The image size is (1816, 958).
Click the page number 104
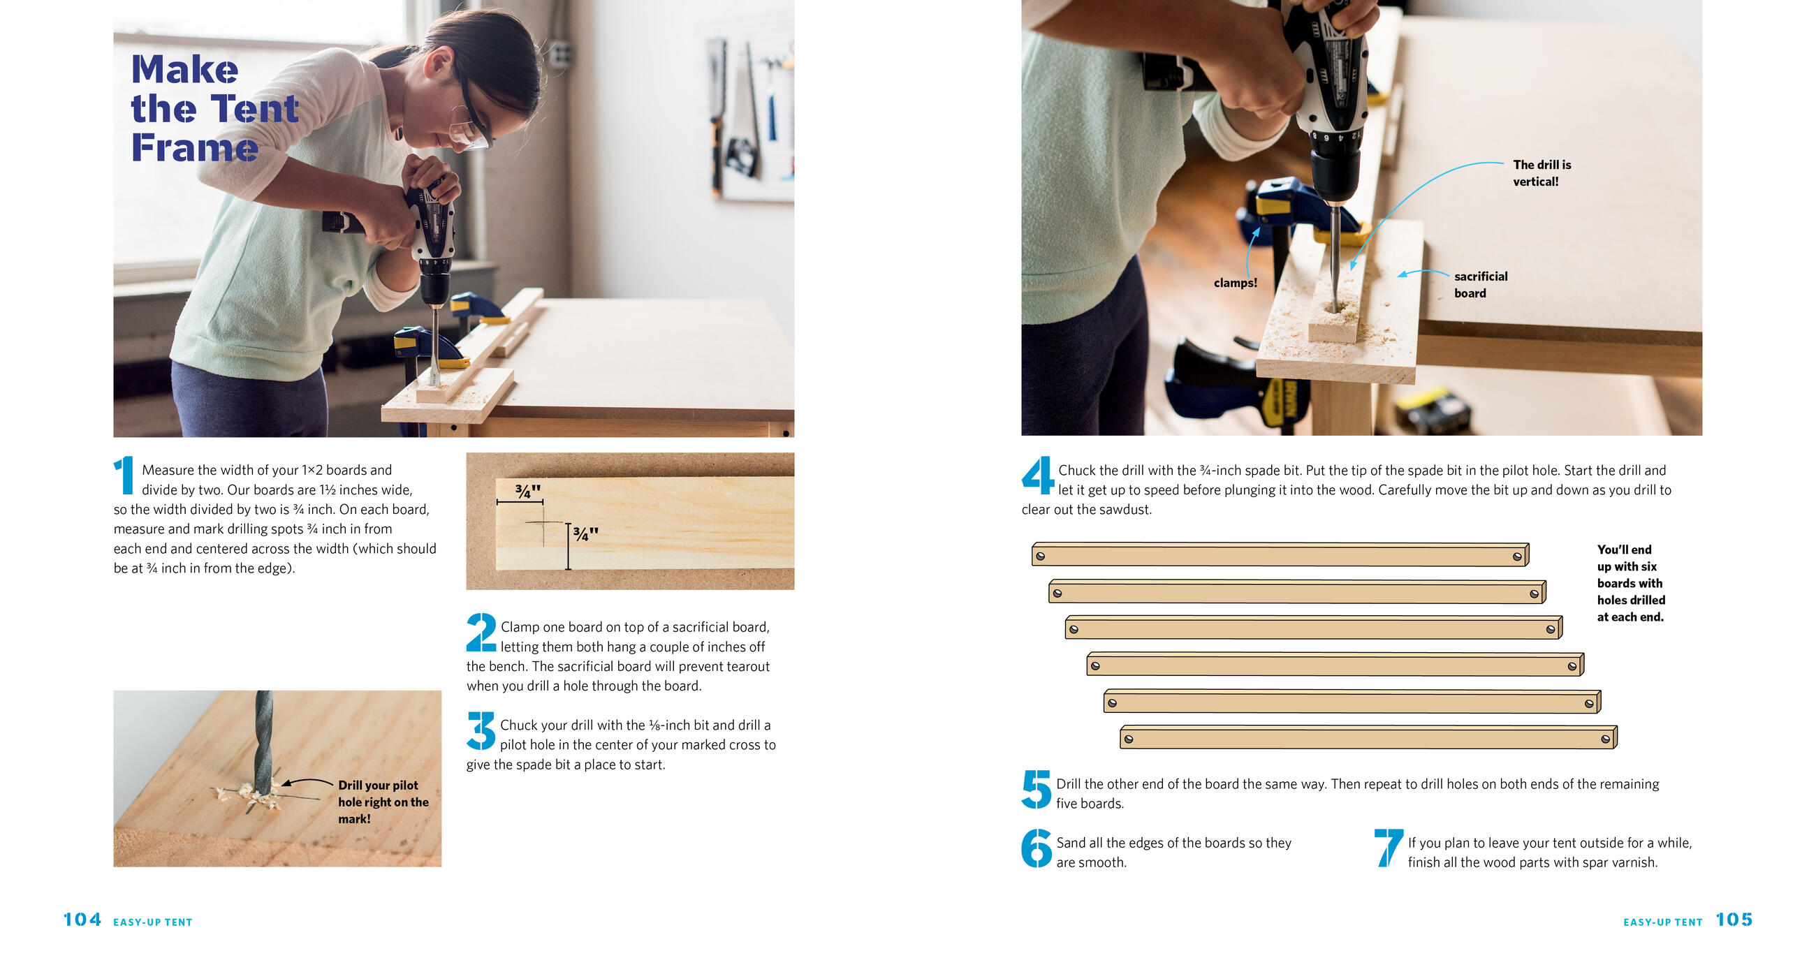pos(82,919)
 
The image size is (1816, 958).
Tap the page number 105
pos(1734,919)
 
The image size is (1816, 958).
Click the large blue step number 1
pos(124,475)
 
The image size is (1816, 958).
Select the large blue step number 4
pos(1038,475)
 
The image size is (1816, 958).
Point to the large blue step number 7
pos(1388,848)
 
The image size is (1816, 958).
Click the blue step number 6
pos(1037,848)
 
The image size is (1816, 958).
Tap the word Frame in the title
pos(195,147)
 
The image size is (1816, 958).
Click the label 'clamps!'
pos(1235,283)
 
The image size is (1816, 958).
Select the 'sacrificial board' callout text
pos(1481,285)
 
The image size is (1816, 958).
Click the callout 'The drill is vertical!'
pos(1542,172)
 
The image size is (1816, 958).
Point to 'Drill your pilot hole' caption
pos(383,802)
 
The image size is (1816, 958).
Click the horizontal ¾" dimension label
pos(527,491)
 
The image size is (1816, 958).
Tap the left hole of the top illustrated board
pos(1041,556)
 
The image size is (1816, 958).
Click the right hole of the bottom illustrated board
pos(1605,739)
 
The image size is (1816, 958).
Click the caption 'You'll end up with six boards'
pos(1631,583)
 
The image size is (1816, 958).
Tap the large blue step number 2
pos(481,633)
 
